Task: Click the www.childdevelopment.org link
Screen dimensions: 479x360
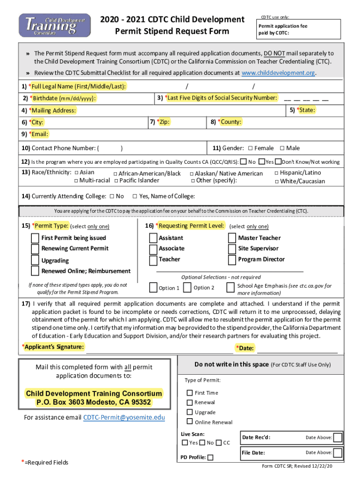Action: click(x=278, y=73)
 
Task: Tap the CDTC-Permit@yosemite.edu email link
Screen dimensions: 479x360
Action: click(x=124, y=417)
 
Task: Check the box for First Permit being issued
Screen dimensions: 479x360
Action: click(x=35, y=238)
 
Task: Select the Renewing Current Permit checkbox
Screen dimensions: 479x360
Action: click(x=35, y=248)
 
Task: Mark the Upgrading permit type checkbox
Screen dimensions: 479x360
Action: click(x=35, y=260)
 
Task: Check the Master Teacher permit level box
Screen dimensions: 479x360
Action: click(x=232, y=238)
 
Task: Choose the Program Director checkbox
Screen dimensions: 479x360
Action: click(x=232, y=260)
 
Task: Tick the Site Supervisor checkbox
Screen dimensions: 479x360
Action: click(x=232, y=248)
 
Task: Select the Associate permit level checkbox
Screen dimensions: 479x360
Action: click(x=153, y=248)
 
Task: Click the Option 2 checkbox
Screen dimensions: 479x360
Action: click(x=187, y=287)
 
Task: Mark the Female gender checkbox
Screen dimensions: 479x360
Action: click(x=250, y=148)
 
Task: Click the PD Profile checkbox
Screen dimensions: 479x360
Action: click(x=210, y=457)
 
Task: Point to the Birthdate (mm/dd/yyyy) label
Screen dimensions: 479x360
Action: click(x=63, y=98)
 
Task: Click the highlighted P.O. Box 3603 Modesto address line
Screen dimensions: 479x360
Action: click(x=94, y=402)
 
